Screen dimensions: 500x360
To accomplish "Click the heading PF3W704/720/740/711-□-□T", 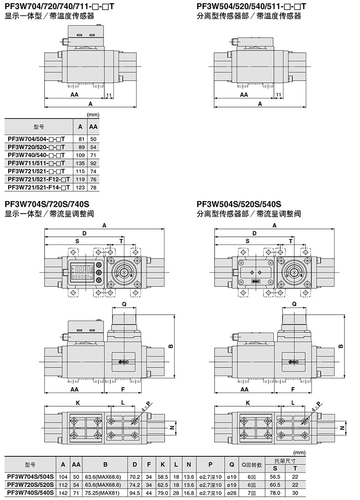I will (59, 6).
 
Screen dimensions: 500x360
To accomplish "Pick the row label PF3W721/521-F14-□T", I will (39, 187).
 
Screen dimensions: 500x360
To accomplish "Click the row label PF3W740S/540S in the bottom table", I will (31, 492).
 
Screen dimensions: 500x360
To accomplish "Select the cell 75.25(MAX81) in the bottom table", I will (105, 492).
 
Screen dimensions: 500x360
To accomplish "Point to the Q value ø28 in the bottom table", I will (231, 492).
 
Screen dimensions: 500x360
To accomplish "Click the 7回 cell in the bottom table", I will (252, 492).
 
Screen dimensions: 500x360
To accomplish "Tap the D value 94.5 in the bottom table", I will (135, 492).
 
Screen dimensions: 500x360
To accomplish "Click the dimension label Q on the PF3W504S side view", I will (294, 304).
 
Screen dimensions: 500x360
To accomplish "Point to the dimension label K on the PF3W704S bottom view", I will (78, 403).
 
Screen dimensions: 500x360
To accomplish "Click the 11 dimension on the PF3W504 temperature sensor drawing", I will (278, 94).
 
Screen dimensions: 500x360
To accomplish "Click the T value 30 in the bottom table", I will (295, 492).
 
